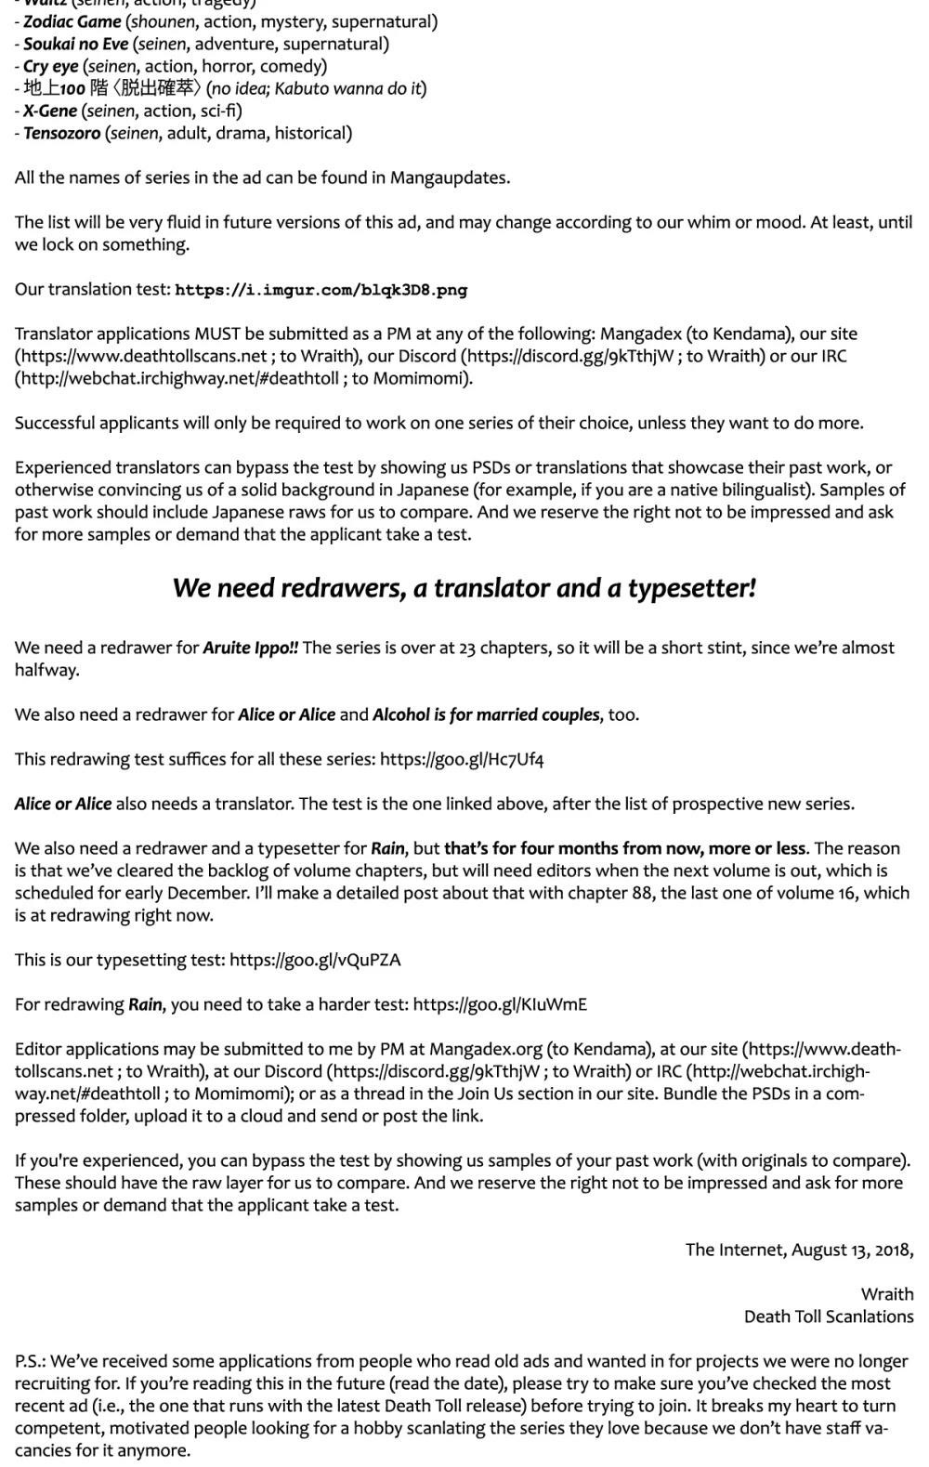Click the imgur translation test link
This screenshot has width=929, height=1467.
coord(321,290)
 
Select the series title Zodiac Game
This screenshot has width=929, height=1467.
coord(72,21)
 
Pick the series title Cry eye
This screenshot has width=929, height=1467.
coord(50,66)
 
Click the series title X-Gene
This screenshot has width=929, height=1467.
coord(50,111)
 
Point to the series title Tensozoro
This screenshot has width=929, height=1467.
coord(61,133)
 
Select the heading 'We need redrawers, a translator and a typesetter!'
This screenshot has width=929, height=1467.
coord(464,588)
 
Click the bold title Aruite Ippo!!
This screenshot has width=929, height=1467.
coord(251,648)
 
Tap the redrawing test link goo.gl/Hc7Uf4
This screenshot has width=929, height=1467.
coord(462,759)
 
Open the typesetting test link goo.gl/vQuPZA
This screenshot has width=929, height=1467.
coord(315,960)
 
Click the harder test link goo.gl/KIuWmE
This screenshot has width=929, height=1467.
coord(500,1004)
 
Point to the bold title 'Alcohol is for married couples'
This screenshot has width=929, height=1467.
coord(486,714)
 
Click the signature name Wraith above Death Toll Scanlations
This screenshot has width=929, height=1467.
coord(887,1294)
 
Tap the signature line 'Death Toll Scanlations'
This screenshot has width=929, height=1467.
coord(829,1316)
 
